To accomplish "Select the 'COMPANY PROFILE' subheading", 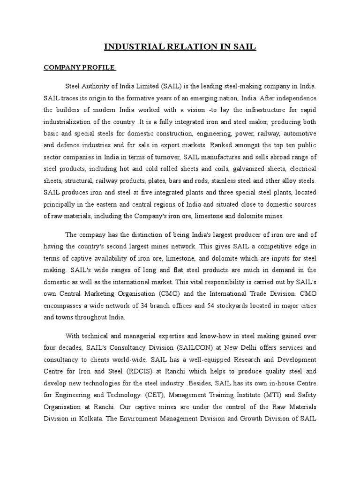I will pyautogui.click(x=80, y=67).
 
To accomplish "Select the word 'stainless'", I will pyautogui.click(x=232, y=180).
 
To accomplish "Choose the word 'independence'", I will pyautogui.click(x=294, y=98).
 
